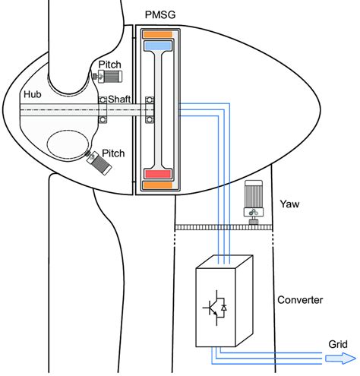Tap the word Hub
point(32,96)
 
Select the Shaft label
point(119,100)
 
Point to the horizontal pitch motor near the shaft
point(110,76)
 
